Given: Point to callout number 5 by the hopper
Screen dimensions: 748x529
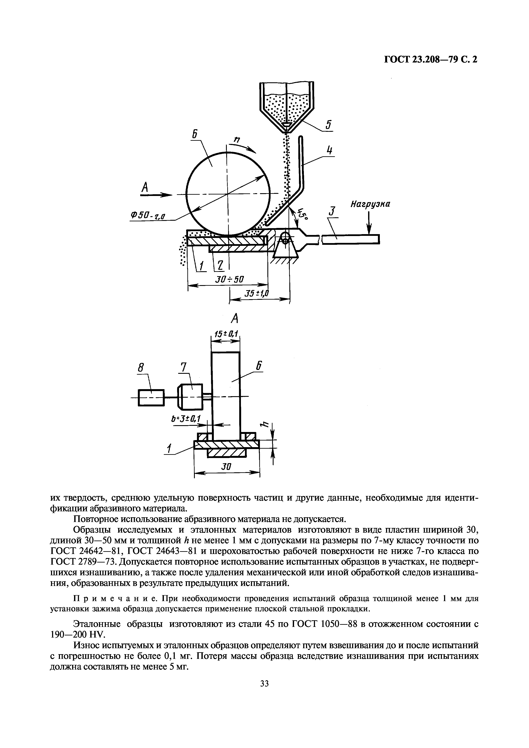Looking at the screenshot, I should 329,125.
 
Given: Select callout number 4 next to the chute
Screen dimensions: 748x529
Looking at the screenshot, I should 330,151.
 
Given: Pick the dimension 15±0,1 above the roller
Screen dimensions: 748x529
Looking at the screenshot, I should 225,334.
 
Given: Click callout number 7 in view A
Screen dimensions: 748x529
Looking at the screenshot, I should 184,368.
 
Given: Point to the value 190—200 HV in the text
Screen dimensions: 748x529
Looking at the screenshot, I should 78,635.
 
